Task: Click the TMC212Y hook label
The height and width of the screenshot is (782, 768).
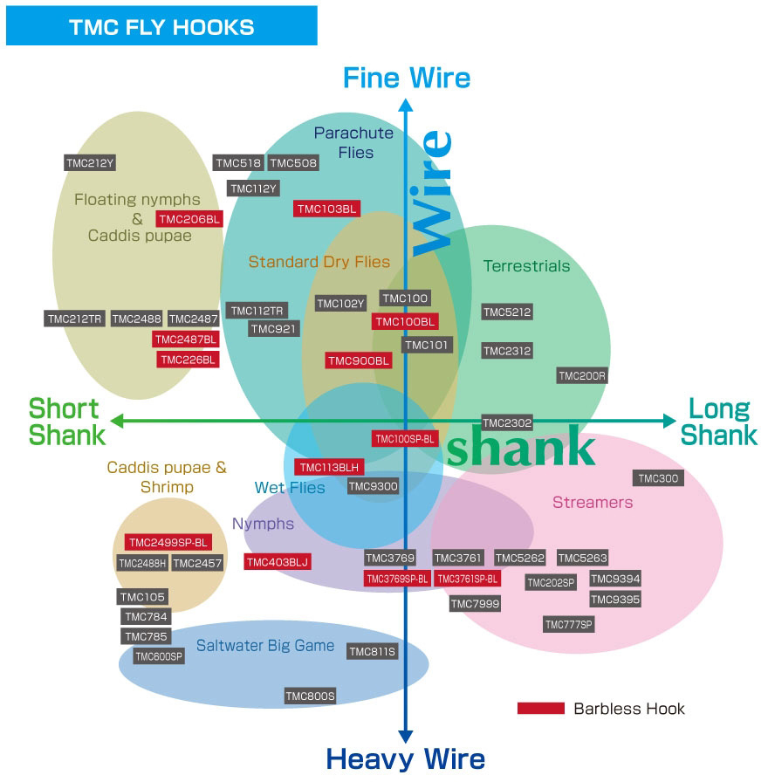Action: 91,162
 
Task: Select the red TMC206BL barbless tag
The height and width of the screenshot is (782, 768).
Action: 189,219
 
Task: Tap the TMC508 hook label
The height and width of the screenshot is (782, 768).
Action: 293,162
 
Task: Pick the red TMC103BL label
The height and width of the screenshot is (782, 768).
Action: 326,209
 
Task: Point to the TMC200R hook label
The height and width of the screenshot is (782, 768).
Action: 582,375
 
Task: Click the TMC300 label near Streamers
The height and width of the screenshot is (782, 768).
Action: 658,478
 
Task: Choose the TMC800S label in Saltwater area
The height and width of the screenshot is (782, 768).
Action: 311,696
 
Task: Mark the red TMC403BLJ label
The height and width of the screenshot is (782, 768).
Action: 278,562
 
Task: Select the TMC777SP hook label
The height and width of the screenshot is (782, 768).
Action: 569,624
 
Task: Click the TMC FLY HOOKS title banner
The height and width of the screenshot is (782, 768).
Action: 161,26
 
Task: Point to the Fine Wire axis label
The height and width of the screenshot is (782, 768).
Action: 407,78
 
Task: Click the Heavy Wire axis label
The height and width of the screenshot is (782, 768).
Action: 405,758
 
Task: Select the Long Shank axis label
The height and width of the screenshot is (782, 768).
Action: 718,422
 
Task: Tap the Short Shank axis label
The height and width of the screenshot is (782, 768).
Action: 66,422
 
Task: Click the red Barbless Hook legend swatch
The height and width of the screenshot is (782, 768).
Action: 540,708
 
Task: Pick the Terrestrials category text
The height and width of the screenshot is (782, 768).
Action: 526,266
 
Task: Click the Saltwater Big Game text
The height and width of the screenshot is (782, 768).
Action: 265,646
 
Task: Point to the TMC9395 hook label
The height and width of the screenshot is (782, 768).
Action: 615,599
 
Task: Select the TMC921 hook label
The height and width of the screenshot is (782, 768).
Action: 274,329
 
